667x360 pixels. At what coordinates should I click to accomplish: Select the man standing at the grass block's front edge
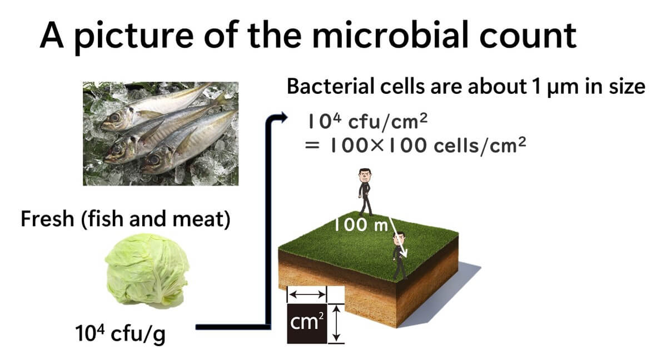pyautogui.click(x=399, y=255)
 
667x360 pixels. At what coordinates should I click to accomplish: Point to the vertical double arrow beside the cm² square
pyautogui.click(x=336, y=323)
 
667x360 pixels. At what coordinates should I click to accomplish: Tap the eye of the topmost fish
pyautogui.click(x=116, y=118)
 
